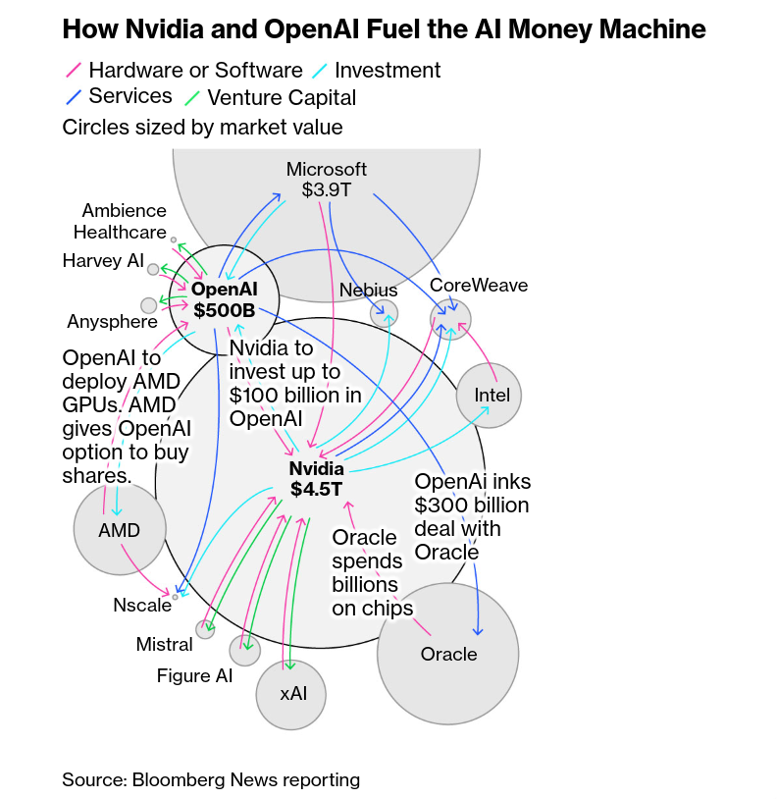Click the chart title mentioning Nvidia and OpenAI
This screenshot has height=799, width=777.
pos(384,29)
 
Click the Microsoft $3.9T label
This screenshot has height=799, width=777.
pos(327,179)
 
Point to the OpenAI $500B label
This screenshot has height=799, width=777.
pos(224,299)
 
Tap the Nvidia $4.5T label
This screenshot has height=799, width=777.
pos(316,478)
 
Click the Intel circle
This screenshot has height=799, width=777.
pos(490,395)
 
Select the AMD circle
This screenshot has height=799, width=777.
pos(120,530)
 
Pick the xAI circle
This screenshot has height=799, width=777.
pos(291,694)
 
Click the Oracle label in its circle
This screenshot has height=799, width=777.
pos(448,654)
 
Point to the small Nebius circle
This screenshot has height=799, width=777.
pos(384,314)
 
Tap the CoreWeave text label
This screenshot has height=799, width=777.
pos(479,286)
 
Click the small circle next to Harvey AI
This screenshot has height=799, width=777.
pos(153,269)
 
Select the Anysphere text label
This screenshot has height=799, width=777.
pos(112,322)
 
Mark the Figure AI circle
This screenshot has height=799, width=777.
pos(244,650)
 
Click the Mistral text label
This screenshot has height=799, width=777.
pos(165,645)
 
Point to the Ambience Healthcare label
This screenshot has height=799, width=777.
pos(123,222)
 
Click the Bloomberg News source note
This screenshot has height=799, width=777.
pos(211,780)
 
